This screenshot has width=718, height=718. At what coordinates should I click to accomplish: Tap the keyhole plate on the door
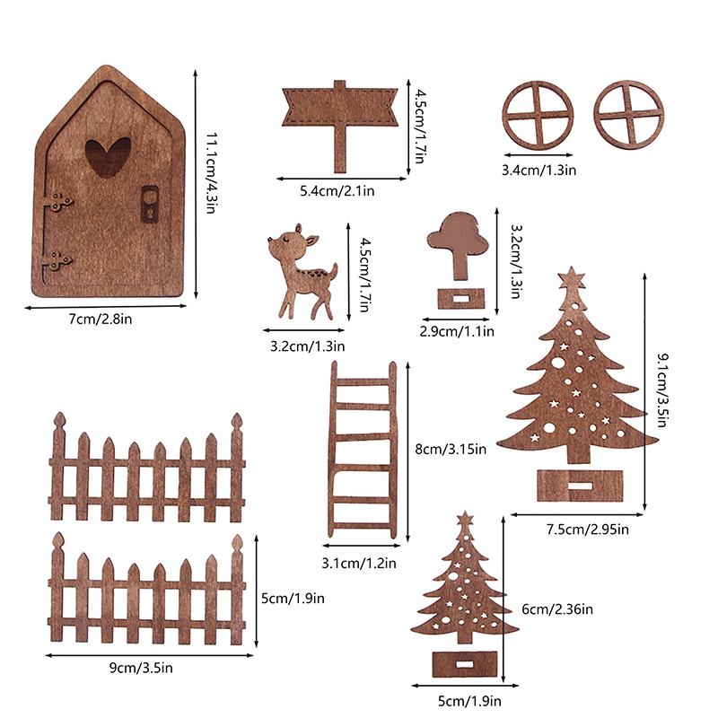tap(150, 205)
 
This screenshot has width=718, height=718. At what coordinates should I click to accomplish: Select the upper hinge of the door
tap(58, 201)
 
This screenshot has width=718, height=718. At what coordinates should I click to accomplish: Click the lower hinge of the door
tap(57, 261)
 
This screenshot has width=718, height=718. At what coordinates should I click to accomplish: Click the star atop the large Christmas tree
tap(572, 277)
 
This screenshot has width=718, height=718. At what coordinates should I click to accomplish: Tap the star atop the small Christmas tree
tap(465, 520)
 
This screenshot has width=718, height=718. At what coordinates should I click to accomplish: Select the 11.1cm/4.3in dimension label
tap(211, 173)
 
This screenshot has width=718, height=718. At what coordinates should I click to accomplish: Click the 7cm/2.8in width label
tap(101, 319)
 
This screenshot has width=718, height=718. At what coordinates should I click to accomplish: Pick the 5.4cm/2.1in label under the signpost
tap(337, 190)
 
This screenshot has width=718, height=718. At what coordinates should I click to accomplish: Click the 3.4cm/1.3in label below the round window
tap(539, 171)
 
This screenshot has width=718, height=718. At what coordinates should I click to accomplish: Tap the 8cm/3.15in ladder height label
tap(451, 450)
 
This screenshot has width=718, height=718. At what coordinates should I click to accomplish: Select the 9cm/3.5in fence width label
tap(141, 668)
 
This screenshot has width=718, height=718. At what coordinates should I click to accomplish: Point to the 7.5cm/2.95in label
tap(588, 530)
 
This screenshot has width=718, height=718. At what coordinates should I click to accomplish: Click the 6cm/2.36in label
tap(557, 609)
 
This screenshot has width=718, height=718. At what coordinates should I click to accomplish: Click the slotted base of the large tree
tap(580, 486)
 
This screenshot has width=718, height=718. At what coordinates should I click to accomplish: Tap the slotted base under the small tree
tap(465, 664)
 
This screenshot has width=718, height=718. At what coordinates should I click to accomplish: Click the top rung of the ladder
tap(363, 381)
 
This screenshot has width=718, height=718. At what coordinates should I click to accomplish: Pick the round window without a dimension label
tap(629, 116)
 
